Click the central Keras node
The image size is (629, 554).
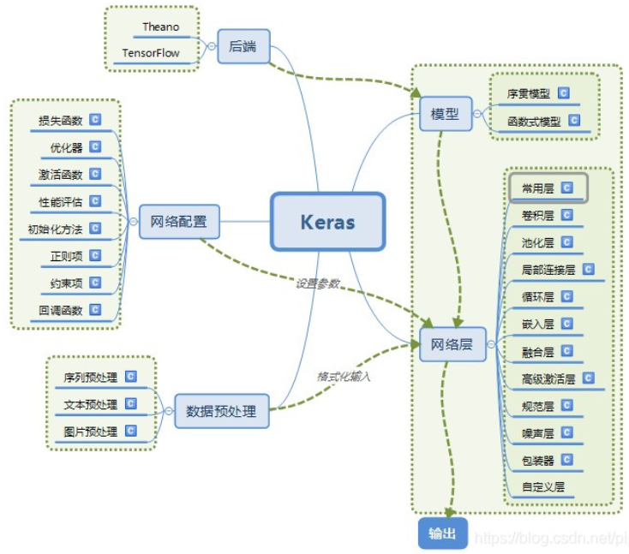pos(327,222)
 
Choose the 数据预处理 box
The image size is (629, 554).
pos(221,410)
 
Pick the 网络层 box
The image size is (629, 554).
pos(452,345)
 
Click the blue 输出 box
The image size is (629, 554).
pos(442,533)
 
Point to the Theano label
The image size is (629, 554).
pos(160,27)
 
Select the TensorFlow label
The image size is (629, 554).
pos(151,52)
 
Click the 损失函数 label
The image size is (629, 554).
pos(61,121)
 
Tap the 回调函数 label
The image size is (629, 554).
pos(61,310)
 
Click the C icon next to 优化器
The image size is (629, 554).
pos(95,147)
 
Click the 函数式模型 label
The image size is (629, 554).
pos(534,122)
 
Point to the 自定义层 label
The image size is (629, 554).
pos(543,487)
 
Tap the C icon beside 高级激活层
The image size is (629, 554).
pos(589,378)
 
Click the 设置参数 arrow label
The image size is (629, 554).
pos(318,283)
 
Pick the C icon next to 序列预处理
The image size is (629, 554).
pos(130,376)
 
